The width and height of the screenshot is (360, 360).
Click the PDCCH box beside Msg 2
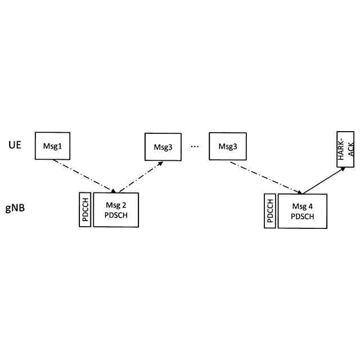point(86,210)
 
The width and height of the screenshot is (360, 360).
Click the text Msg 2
point(116,205)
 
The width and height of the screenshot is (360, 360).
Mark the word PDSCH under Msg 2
point(116,215)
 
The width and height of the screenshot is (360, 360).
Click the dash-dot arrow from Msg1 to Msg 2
point(84,175)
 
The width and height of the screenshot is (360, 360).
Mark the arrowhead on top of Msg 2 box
point(114,191)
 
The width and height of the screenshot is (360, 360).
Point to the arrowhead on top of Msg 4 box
point(299,192)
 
